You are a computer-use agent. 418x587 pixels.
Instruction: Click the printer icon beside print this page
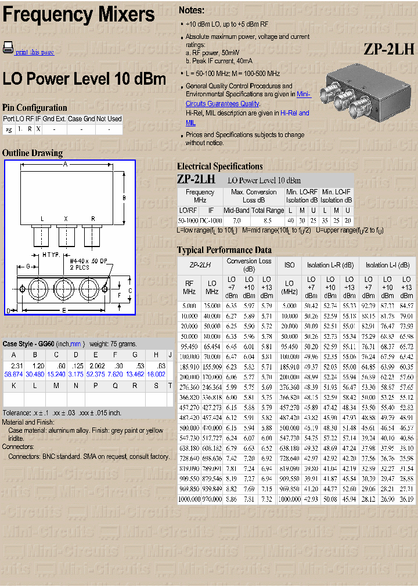point(8,48)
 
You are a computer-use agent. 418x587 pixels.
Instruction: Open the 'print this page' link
point(35,52)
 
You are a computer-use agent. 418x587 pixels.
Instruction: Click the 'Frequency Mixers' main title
point(79,15)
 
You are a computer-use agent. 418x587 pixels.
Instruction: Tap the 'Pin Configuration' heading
point(35,107)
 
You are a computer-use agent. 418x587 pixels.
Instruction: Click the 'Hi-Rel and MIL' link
point(247,118)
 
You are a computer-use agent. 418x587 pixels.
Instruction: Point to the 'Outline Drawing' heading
point(33,153)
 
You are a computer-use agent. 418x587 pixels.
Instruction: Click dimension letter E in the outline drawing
point(64,310)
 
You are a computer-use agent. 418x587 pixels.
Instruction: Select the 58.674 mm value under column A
point(13,375)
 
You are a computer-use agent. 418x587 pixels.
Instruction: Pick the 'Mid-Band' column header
point(236,211)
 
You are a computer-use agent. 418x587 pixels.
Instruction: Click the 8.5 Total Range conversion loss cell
point(267,221)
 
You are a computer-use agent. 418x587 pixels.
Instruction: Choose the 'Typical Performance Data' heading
point(224,250)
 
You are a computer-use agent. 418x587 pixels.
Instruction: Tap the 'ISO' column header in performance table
point(289,265)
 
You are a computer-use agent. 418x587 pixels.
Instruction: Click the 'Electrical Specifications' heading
point(219,166)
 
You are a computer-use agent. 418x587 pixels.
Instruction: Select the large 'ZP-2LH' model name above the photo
point(389,49)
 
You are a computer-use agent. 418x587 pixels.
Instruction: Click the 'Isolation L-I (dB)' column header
point(387,265)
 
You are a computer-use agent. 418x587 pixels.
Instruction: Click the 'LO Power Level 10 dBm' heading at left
point(84,79)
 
